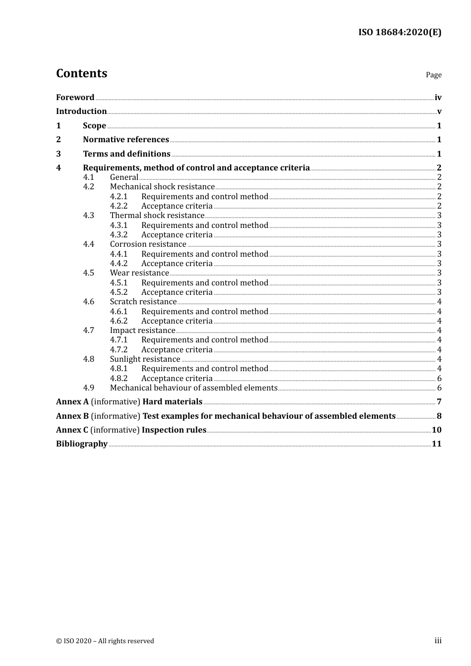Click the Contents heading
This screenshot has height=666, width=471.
(x=81, y=73)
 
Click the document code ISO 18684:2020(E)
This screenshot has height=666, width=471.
(x=400, y=32)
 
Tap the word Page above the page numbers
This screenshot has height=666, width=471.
(x=433, y=75)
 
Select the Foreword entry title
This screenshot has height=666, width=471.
(x=75, y=97)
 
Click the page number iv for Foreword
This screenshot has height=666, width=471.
(x=438, y=97)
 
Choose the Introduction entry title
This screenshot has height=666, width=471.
(x=81, y=111)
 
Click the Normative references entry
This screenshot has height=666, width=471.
(x=126, y=140)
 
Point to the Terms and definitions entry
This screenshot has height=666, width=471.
(x=126, y=154)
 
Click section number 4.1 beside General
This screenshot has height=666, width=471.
(x=88, y=177)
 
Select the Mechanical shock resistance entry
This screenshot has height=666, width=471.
(x=162, y=187)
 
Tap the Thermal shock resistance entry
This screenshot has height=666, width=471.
(x=157, y=216)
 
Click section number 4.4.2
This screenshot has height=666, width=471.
(x=118, y=264)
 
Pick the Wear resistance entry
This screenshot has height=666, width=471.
(x=139, y=273)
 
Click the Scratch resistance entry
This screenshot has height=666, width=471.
(x=143, y=302)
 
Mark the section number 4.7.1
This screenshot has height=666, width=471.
(x=118, y=340)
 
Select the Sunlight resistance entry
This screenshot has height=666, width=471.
(x=145, y=359)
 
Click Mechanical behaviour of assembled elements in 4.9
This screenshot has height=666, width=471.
(x=193, y=388)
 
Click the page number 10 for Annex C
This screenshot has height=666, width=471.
(x=436, y=430)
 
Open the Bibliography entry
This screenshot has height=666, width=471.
(x=82, y=444)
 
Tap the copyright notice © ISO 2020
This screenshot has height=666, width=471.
(x=105, y=641)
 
